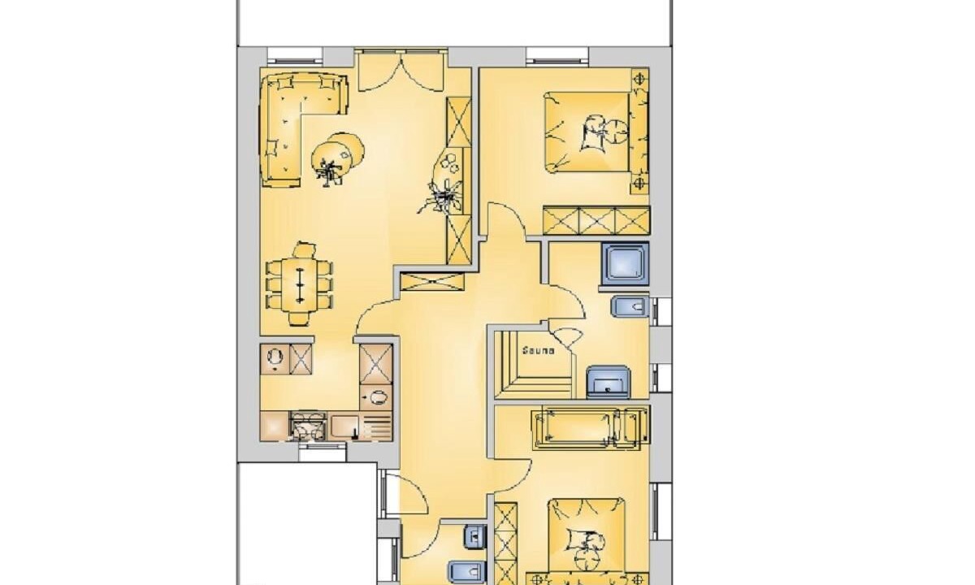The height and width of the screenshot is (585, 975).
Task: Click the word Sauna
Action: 539,350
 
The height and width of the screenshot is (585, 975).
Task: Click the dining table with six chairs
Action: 300,285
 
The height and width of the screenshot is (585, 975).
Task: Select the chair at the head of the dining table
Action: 304,250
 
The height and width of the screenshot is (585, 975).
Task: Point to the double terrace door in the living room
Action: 401,71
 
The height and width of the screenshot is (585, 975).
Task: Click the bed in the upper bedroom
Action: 587,132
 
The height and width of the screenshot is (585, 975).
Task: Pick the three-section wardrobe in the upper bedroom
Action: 596,220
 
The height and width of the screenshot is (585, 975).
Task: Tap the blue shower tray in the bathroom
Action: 625,264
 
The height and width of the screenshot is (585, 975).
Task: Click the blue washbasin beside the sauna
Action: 608,382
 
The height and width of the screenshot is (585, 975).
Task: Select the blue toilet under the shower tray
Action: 630,307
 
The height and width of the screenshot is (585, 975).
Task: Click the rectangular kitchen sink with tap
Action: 344,426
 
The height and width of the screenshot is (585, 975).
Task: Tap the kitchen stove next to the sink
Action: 307,426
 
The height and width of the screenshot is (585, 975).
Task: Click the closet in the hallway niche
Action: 431,281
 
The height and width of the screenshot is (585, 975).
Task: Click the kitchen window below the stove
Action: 322,452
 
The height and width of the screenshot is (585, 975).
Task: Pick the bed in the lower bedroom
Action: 587,543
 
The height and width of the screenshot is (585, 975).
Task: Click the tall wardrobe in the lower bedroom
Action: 505,544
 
